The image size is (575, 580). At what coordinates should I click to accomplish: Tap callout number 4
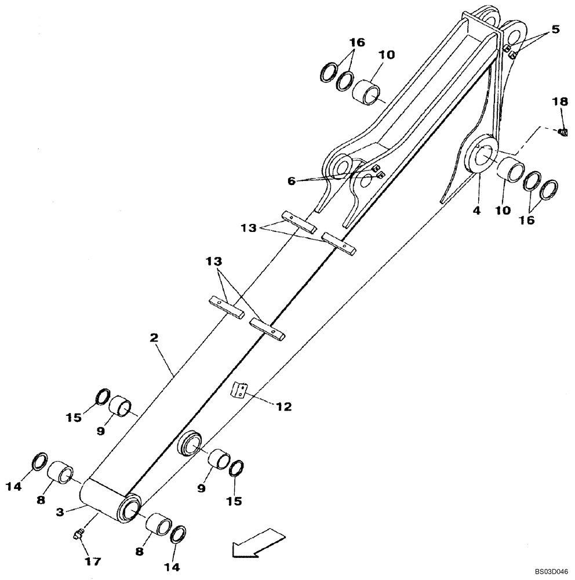point(476,211)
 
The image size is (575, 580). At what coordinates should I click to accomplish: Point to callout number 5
point(555,29)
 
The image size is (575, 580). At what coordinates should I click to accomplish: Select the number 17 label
point(93,561)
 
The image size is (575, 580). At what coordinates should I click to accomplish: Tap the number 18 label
point(559,103)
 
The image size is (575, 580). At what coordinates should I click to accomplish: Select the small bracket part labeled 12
point(238,390)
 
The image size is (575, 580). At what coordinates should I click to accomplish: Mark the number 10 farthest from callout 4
point(387,55)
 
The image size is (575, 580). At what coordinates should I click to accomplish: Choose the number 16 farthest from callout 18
point(357,43)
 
